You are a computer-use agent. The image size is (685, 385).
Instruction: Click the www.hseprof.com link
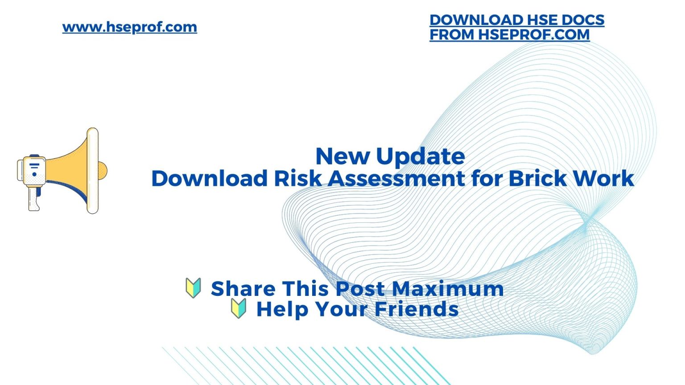pos(129,27)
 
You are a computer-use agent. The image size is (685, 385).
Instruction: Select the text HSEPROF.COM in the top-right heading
pos(534,35)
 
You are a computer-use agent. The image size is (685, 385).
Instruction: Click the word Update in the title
pos(420,156)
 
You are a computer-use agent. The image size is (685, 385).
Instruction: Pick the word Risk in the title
pos(297,178)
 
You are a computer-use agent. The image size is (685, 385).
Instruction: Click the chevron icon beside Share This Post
pos(193,288)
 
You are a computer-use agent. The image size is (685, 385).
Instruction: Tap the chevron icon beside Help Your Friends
pos(239,308)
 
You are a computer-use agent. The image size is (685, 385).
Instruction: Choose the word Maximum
pos(448,288)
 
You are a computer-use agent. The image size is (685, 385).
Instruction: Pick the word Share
pos(243,288)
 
